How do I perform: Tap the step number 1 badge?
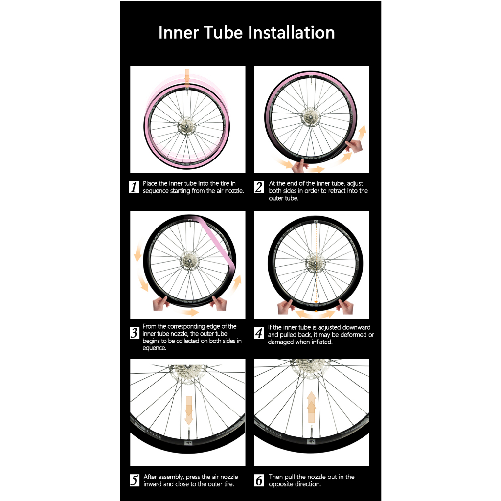(x=134, y=187)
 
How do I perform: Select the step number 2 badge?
(x=259, y=187)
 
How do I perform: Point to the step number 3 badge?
(x=134, y=333)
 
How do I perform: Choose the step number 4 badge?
(x=259, y=333)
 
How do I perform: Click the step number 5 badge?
(x=135, y=480)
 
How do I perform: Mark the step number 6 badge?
(x=259, y=480)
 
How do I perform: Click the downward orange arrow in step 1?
(x=187, y=77)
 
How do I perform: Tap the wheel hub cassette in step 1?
(x=186, y=126)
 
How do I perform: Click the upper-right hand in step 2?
(x=354, y=146)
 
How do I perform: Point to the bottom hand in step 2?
(x=299, y=166)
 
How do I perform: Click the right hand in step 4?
(x=345, y=307)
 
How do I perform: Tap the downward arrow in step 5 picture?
(x=189, y=410)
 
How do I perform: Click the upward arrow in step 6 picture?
(x=311, y=407)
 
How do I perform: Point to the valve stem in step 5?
(x=188, y=434)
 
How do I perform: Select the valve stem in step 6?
(x=311, y=432)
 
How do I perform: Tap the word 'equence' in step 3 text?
(x=154, y=348)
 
